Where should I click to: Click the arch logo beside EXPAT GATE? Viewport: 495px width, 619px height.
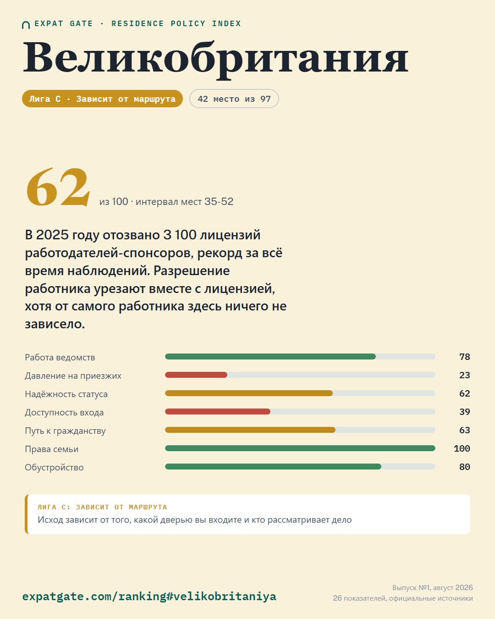[x=26, y=25]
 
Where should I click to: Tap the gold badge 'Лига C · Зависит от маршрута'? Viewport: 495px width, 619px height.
[x=102, y=99]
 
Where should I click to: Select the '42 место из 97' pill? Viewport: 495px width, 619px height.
[x=234, y=99]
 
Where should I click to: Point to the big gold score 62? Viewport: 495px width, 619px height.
[x=58, y=187]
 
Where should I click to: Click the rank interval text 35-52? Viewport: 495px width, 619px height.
[x=219, y=202]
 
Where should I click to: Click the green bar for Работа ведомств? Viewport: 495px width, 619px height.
[x=270, y=357]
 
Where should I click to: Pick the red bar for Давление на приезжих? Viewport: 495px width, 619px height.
[x=196, y=375]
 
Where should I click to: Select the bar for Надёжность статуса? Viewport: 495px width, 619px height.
[x=249, y=393]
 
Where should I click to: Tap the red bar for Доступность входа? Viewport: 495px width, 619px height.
[x=218, y=412]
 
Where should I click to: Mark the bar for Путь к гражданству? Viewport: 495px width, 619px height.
[x=250, y=430]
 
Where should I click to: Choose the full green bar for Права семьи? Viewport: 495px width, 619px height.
[x=300, y=448]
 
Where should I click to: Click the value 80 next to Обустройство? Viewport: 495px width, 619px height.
[x=464, y=467]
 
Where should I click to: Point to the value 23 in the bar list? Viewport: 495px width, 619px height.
[x=464, y=375]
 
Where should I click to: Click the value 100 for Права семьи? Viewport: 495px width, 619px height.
[x=462, y=448]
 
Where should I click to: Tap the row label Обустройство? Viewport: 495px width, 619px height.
[x=54, y=467]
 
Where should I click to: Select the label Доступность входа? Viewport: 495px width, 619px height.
[x=64, y=413]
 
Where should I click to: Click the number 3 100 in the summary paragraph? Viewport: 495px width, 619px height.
[x=180, y=235]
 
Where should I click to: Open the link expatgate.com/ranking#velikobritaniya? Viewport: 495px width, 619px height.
[x=149, y=596]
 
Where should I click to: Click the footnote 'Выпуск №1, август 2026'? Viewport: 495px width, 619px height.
[x=432, y=588]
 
